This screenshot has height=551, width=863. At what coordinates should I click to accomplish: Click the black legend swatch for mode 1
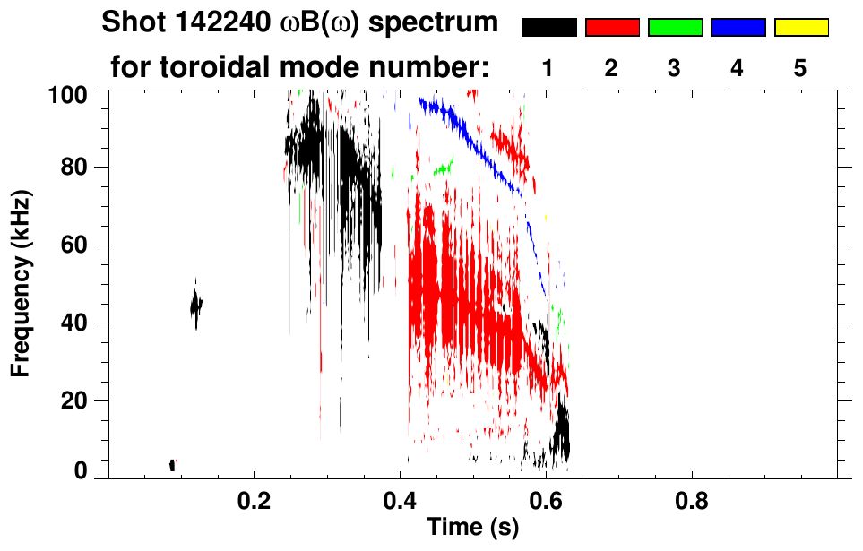tap(548, 28)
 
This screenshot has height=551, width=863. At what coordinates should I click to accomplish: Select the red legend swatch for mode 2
tap(612, 28)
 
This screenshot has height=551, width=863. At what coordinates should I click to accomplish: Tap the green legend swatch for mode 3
tap(675, 28)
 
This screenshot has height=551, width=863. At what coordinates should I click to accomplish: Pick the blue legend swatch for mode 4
tap(738, 28)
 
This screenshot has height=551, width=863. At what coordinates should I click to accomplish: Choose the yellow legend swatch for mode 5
tap(800, 28)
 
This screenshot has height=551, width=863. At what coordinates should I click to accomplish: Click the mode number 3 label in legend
tap(675, 69)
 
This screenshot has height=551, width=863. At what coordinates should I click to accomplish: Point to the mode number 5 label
tap(800, 69)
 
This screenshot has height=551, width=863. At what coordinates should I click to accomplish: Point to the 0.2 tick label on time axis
tap(255, 502)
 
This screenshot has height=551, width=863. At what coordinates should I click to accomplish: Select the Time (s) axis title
tap(472, 529)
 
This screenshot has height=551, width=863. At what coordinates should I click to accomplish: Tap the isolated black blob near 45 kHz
tap(196, 306)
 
